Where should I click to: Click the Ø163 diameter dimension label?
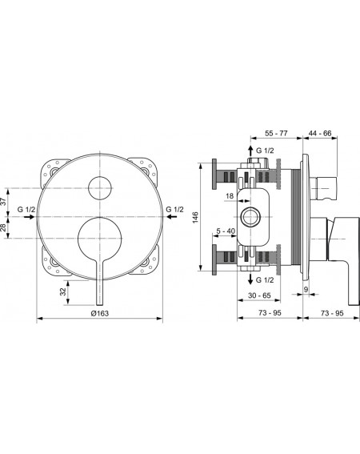(99, 313)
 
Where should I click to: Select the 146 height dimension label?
(195, 217)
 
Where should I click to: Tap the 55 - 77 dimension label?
(276, 133)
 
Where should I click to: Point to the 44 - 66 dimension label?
(320, 133)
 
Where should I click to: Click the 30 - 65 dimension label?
(259, 295)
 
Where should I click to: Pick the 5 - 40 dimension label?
(226, 231)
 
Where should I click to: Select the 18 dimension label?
(230, 196)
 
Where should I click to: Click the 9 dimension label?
(306, 289)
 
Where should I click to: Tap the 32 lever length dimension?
(63, 291)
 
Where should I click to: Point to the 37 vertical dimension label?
(2, 202)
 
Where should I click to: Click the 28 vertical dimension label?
(2, 227)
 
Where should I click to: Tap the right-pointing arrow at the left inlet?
(30, 217)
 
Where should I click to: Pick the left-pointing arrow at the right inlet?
(172, 216)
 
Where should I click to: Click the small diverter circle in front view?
(100, 188)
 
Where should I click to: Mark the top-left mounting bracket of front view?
(54, 171)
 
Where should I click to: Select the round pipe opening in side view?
(250, 217)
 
